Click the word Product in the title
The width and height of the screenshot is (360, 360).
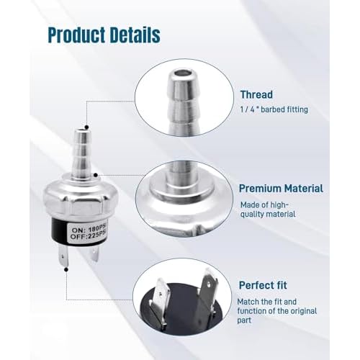[76, 35]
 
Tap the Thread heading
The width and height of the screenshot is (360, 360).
[256, 94]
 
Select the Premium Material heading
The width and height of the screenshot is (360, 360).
[281, 189]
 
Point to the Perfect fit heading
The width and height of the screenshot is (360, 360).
[263, 285]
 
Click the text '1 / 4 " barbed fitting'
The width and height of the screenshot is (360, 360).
[274, 109]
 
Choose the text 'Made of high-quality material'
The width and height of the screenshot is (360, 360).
[268, 210]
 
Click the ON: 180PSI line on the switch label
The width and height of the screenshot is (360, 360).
[89, 230]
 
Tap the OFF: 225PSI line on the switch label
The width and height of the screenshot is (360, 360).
[88, 237]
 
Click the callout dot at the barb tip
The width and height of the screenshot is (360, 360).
[87, 127]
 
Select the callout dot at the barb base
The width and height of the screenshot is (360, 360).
[96, 175]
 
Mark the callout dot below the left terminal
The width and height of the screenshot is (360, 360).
[66, 270]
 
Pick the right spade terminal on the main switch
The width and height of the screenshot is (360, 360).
[95, 254]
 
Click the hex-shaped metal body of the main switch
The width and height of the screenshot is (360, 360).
[81, 199]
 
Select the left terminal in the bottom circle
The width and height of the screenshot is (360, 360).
[160, 305]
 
